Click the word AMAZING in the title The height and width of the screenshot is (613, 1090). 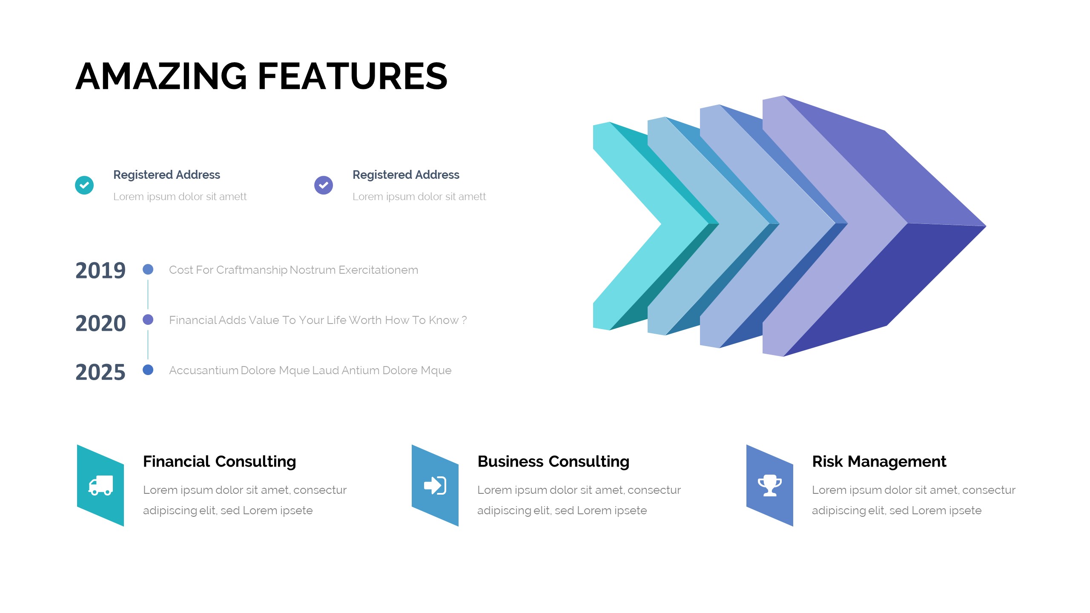point(161,76)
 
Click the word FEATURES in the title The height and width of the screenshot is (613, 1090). point(353,76)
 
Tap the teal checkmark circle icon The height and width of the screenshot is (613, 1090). point(84,185)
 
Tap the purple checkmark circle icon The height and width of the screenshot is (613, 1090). point(324,185)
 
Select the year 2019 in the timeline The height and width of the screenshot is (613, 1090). point(100,271)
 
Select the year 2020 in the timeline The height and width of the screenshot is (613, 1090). point(100,324)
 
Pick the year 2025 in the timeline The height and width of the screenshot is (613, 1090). point(100,372)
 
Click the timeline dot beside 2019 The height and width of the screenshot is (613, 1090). point(148,269)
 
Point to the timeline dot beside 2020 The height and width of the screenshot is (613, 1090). point(148,319)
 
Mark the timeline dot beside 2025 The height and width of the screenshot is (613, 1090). point(148,370)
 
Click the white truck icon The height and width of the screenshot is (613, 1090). point(100,485)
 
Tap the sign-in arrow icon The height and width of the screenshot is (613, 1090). point(435,485)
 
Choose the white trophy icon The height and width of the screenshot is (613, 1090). point(770,485)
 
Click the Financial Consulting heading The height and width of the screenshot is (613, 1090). point(220,461)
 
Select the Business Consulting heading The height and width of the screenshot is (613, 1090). point(554,461)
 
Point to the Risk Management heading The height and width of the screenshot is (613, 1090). point(879,461)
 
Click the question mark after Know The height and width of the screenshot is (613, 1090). point(464,320)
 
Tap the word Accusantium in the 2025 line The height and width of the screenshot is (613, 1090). point(204,370)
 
